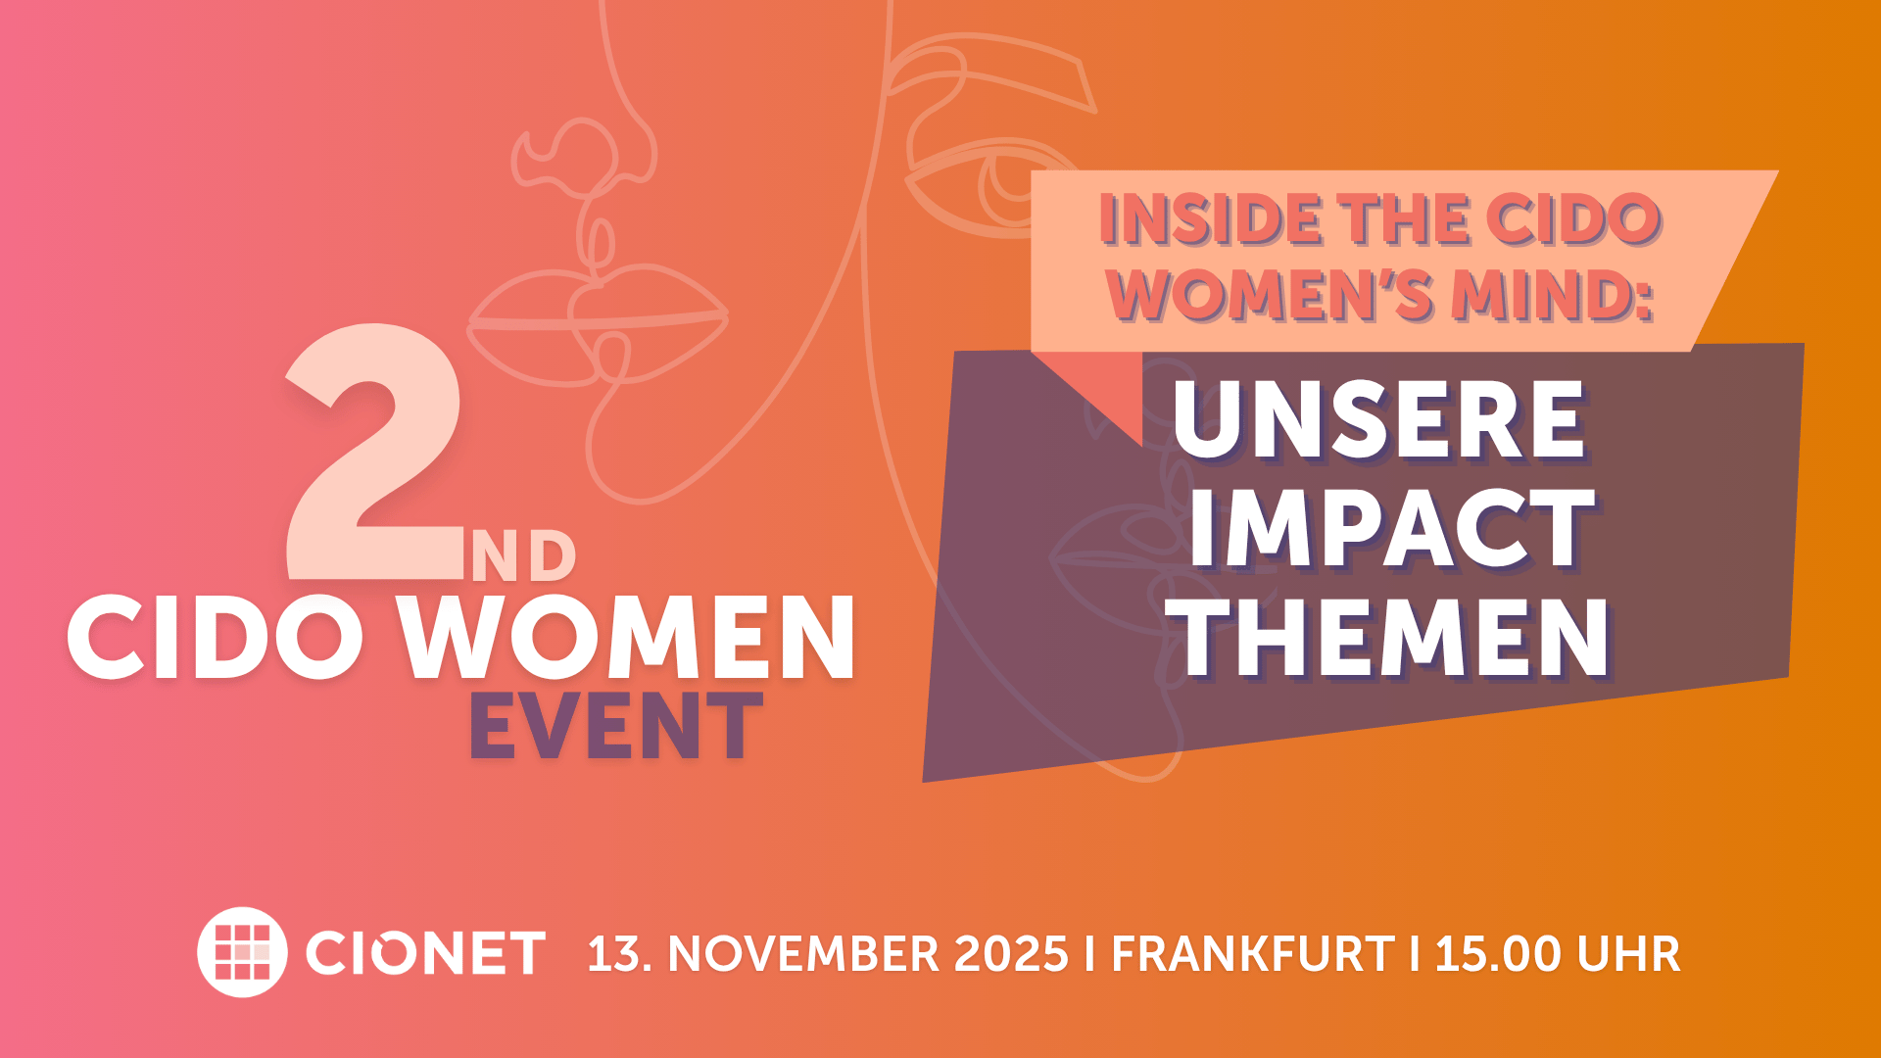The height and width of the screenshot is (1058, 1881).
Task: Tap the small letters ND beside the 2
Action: point(523,556)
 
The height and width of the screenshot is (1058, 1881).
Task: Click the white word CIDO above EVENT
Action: point(216,638)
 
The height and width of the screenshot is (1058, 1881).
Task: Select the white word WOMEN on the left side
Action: point(627,638)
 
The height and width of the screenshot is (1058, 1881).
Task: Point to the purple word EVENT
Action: point(616,726)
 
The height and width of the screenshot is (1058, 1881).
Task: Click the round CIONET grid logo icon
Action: point(242,952)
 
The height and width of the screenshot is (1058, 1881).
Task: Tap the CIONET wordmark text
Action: point(425,953)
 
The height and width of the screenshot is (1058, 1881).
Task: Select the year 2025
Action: point(1011,954)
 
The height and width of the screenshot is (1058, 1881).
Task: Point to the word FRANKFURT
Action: point(1253,954)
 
